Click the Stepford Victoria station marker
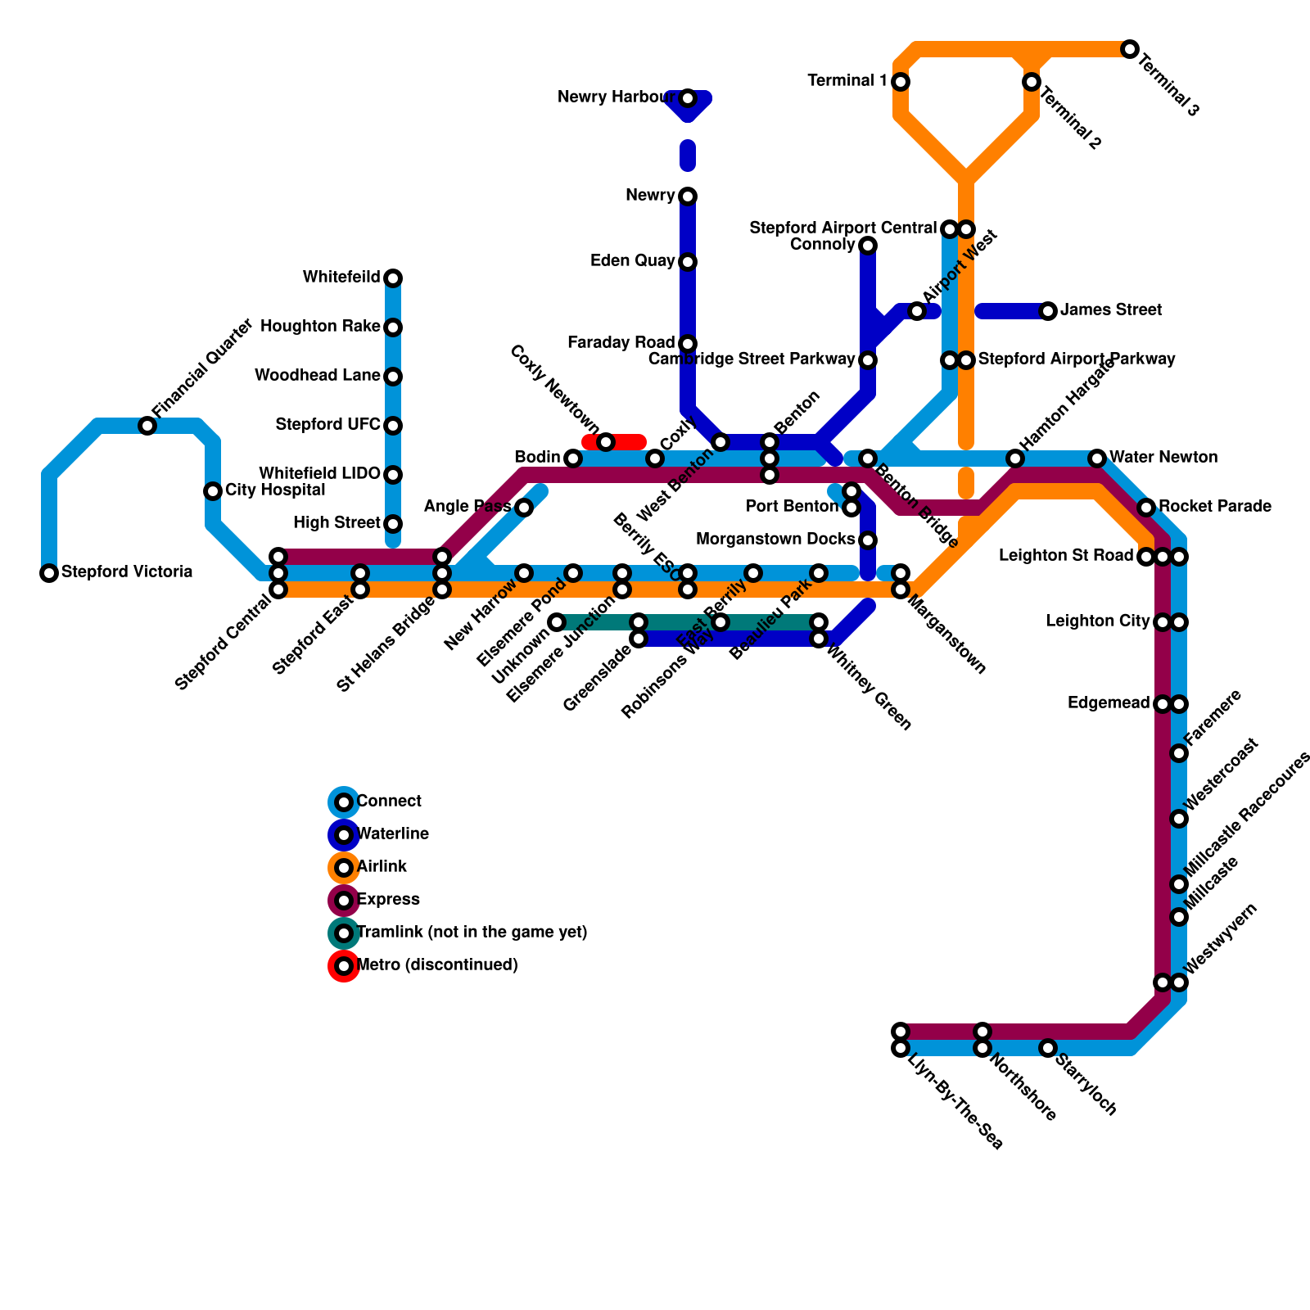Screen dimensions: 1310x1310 [49, 573]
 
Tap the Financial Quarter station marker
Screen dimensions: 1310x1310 [147, 426]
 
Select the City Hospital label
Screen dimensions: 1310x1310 [275, 490]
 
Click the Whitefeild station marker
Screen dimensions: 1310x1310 [393, 278]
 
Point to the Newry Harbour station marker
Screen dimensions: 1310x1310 [688, 98]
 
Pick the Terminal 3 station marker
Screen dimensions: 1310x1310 [1130, 49]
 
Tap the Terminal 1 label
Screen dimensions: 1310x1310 [847, 81]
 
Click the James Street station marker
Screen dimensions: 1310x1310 [1048, 311]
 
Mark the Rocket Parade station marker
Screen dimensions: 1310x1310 [1146, 508]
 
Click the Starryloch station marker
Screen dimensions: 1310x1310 [1048, 1048]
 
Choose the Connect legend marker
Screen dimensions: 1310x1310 [344, 802]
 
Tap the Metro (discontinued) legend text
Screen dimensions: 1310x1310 [438, 965]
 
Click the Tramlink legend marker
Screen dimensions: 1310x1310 [344, 933]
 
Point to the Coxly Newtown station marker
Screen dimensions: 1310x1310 [606, 442]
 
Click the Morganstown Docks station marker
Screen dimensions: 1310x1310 [868, 540]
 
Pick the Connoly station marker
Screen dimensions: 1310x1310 [868, 246]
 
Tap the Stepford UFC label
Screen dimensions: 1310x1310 [327, 425]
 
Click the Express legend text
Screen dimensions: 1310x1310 [389, 900]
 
